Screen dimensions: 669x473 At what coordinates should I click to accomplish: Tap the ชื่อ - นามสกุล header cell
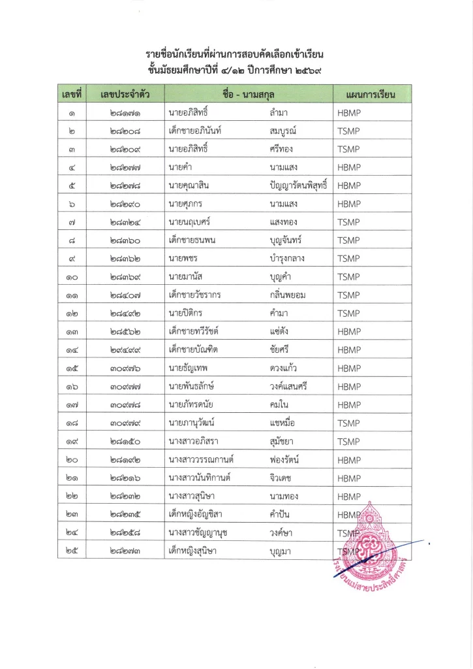coord(250,95)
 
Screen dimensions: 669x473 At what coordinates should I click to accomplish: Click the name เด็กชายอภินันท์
coord(195,131)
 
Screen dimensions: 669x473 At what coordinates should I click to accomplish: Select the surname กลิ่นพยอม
coord(288,295)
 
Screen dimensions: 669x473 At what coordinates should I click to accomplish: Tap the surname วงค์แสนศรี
coord(288,386)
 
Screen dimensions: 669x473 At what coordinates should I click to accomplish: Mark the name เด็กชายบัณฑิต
coord(193,350)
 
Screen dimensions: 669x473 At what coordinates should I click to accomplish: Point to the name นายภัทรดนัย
coord(191,404)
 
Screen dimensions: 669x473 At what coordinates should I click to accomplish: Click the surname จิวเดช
coord(280,478)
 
